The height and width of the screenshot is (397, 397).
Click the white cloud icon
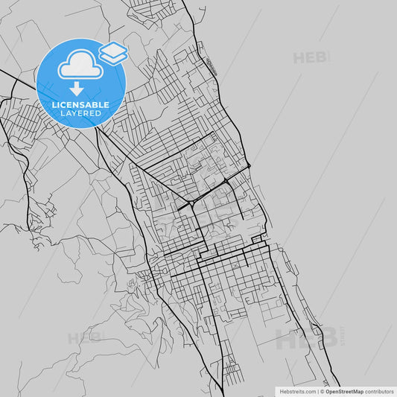click(80, 66)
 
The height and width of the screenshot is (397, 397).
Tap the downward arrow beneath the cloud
click(77, 89)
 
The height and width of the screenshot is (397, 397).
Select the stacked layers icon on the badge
click(113, 51)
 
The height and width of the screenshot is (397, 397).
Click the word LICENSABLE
click(80, 105)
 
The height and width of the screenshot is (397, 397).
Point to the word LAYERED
click(80, 113)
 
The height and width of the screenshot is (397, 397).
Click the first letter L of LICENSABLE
click(53, 105)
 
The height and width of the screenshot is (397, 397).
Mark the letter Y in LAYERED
click(75, 113)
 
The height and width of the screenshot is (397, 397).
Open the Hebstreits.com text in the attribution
click(298, 390)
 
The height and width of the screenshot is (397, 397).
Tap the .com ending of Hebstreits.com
click(310, 390)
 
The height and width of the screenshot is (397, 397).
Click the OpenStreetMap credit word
click(345, 390)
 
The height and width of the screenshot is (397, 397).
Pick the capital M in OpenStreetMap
click(357, 390)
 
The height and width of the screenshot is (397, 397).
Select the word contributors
click(379, 390)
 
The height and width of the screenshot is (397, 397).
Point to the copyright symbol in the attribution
click(323, 390)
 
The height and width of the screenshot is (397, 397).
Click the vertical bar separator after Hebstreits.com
click(319, 390)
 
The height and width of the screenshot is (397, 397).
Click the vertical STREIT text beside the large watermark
click(342, 337)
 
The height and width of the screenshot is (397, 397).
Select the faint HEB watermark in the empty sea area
click(311, 57)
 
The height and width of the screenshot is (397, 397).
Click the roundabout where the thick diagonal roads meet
click(192, 202)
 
